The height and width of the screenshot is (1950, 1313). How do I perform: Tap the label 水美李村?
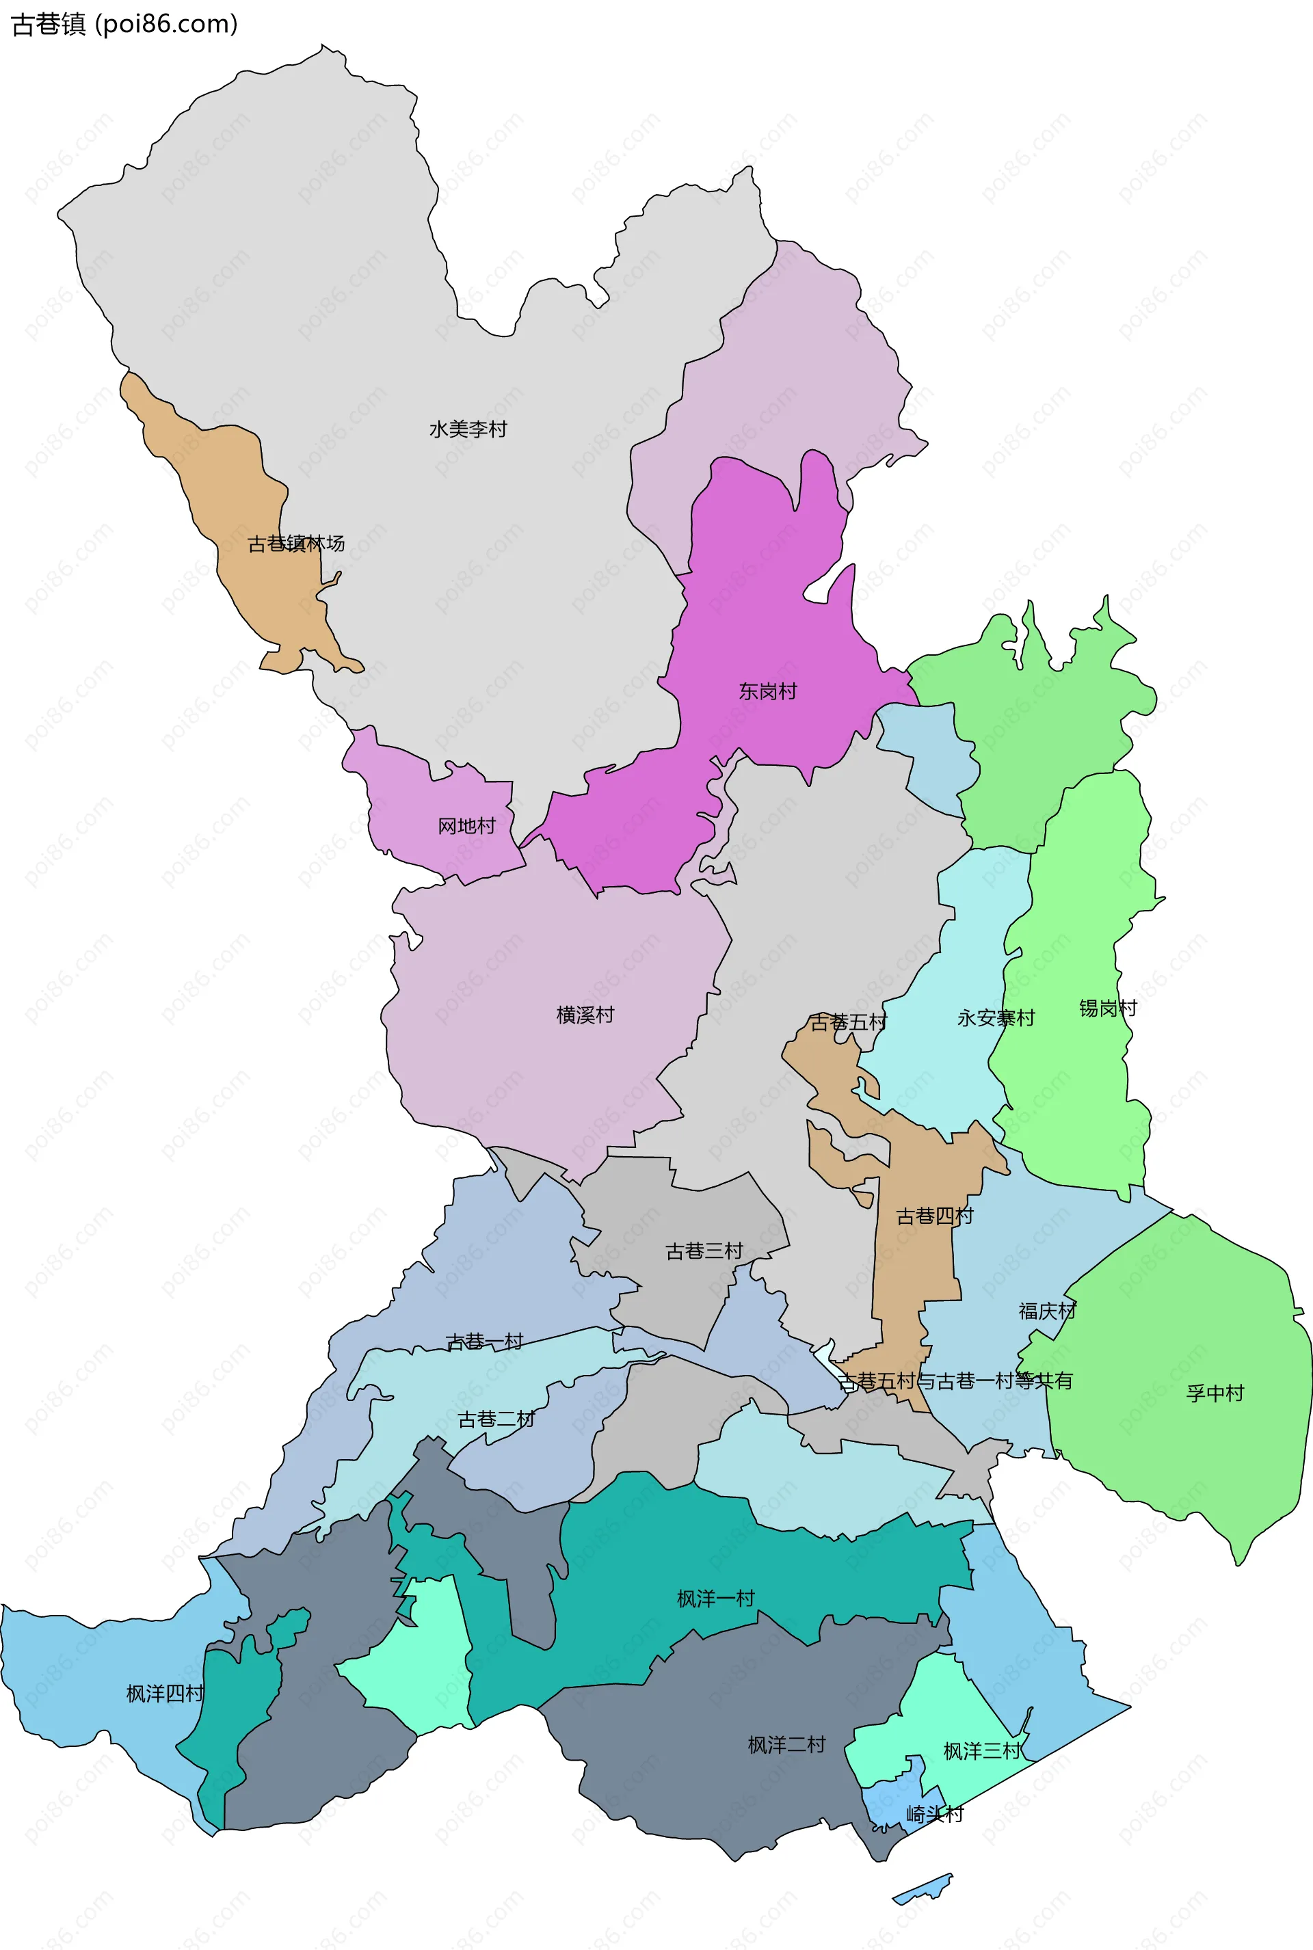tap(468, 429)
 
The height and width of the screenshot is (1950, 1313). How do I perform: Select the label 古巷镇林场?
tap(295, 544)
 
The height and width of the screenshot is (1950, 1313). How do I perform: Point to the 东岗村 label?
tap(767, 691)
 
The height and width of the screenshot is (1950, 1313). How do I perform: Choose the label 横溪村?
tap(585, 1015)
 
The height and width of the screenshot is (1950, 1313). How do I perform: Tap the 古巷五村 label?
tap(847, 1022)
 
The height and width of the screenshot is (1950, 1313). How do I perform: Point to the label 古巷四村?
tap(935, 1216)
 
